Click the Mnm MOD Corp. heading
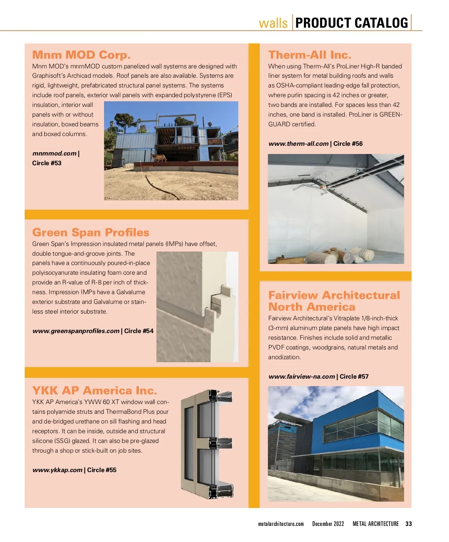tap(81, 55)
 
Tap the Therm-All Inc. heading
tap(309, 55)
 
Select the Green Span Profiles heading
tap(91, 232)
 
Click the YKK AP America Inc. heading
tap(94, 391)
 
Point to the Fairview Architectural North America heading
tap(334, 301)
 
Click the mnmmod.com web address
tap(54, 154)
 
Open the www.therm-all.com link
tap(298, 144)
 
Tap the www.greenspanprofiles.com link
tap(76, 331)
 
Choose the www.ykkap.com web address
tap(57, 470)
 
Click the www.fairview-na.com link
tap(301, 377)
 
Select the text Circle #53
tap(47, 163)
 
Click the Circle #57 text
tap(354, 377)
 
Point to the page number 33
tap(409, 524)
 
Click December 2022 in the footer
tap(328, 524)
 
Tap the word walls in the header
tap(273, 23)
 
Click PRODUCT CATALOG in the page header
tap(351, 23)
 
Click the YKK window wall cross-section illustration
tap(207, 444)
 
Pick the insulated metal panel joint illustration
tap(197, 307)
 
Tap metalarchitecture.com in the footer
tap(281, 524)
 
